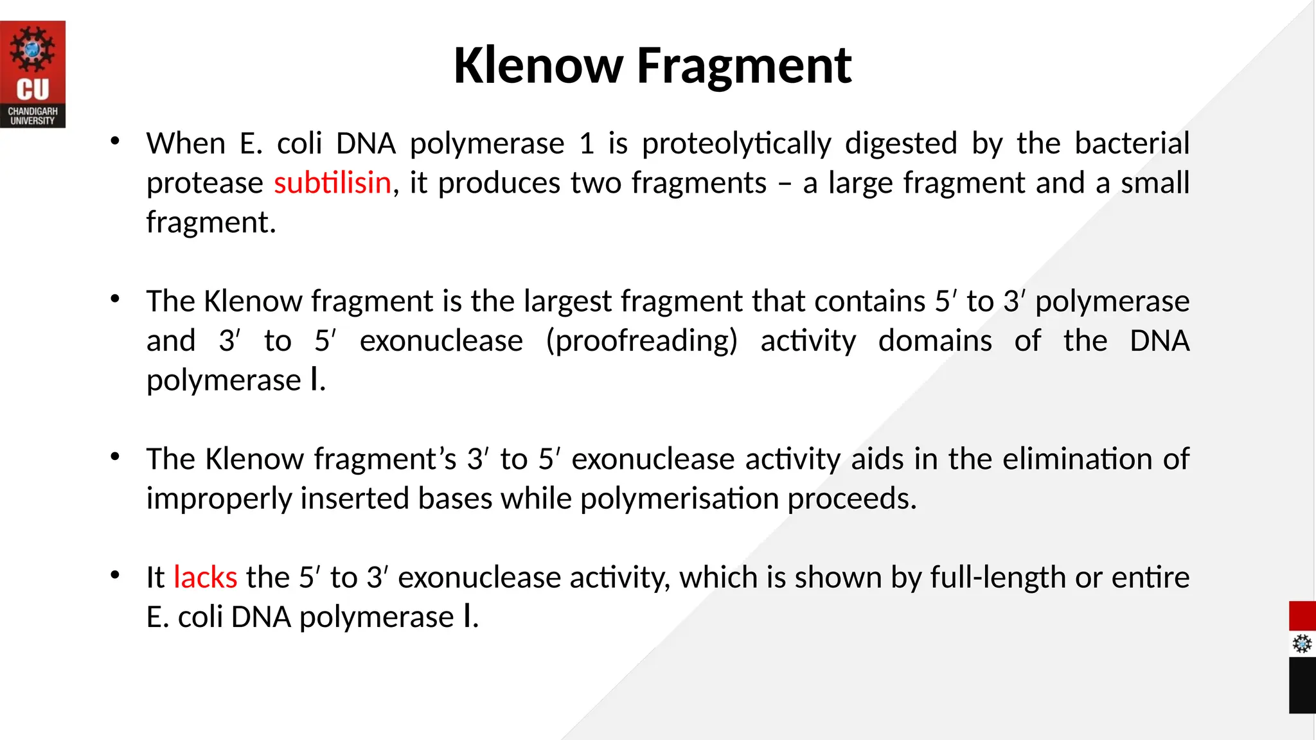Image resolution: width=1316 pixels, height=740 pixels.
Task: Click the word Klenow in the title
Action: click(x=538, y=66)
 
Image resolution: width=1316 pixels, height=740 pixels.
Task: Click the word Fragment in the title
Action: click(x=743, y=66)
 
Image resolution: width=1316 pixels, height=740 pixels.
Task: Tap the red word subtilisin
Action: click(x=332, y=183)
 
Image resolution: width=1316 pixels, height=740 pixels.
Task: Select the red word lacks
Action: click(x=205, y=577)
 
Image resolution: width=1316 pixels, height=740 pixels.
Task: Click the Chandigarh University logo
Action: click(x=33, y=75)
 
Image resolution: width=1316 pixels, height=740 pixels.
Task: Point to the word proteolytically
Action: click(x=736, y=144)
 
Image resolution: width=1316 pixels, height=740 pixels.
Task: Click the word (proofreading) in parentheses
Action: click(x=641, y=341)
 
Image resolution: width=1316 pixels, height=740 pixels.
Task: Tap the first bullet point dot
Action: click(x=115, y=141)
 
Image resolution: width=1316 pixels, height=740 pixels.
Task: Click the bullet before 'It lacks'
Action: click(x=115, y=576)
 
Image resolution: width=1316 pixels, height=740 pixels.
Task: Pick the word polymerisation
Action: click(x=680, y=499)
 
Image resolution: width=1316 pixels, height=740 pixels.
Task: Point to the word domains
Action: click(x=935, y=341)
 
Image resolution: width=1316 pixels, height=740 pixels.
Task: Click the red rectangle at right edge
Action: click(x=1302, y=616)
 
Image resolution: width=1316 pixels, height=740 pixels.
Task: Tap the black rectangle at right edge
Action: click(x=1302, y=685)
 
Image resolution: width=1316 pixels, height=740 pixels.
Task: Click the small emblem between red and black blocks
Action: click(x=1302, y=644)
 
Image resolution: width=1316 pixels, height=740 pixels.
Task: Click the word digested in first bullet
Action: click(x=901, y=143)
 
